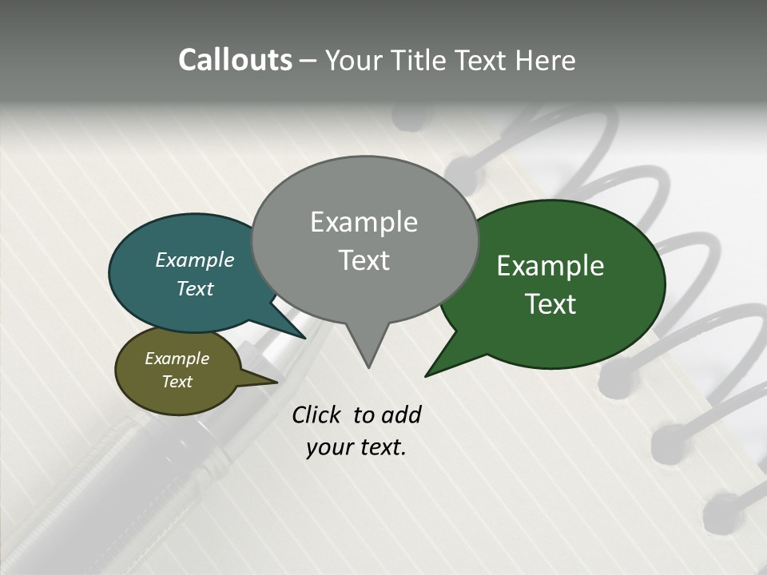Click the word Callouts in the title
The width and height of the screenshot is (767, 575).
tap(235, 60)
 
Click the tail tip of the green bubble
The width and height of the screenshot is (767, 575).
tap(427, 375)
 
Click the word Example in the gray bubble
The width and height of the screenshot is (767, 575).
tap(364, 222)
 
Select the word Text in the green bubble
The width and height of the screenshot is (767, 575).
tap(550, 304)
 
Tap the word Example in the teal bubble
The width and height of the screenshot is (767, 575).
tap(194, 260)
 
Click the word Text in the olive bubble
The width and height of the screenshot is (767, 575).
tap(177, 382)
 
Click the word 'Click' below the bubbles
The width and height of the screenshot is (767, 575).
tap(316, 414)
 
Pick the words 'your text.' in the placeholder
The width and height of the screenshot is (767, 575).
tap(356, 448)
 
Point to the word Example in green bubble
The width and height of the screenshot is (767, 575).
tap(550, 266)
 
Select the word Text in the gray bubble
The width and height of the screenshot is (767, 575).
tap(364, 260)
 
